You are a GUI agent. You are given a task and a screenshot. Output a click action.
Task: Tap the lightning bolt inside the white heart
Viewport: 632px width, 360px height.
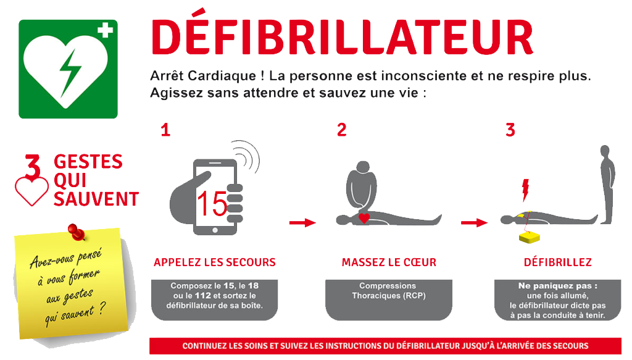[70, 73]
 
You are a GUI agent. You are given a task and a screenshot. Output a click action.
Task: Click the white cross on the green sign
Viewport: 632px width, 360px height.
[105, 30]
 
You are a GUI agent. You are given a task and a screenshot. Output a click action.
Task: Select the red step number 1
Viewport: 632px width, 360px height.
[165, 130]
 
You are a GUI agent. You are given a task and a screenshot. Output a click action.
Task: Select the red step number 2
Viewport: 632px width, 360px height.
[342, 130]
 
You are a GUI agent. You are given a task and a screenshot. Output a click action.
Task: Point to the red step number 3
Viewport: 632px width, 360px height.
[510, 130]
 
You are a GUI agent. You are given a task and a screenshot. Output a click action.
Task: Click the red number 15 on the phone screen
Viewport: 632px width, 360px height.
[212, 204]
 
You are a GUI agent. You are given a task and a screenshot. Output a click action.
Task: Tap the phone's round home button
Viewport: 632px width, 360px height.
[215, 230]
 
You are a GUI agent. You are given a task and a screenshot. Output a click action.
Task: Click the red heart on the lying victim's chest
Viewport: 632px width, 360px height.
[364, 218]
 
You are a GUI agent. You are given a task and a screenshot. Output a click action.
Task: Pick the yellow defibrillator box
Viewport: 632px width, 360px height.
[529, 237]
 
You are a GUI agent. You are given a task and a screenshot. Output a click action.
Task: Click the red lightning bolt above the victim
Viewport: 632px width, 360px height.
[525, 190]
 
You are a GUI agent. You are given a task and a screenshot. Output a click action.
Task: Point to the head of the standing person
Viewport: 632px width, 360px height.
[605, 151]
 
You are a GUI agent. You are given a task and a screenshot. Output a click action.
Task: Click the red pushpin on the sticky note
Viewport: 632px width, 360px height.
[77, 232]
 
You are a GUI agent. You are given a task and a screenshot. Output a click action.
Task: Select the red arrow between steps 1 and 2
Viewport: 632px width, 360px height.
[302, 222]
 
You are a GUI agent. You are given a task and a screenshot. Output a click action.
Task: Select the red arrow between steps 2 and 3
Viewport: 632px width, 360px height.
[475, 222]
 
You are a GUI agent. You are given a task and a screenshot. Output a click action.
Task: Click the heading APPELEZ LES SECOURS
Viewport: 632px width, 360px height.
[214, 262]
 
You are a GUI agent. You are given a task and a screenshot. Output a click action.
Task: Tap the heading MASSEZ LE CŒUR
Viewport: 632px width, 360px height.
[389, 262]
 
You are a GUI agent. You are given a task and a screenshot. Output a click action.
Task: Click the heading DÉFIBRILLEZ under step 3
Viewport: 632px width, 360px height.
[558, 262]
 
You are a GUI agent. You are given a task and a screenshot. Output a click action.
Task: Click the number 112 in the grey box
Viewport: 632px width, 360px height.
[202, 296]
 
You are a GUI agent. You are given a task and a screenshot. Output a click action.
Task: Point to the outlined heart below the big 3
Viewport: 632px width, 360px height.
[31, 191]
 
